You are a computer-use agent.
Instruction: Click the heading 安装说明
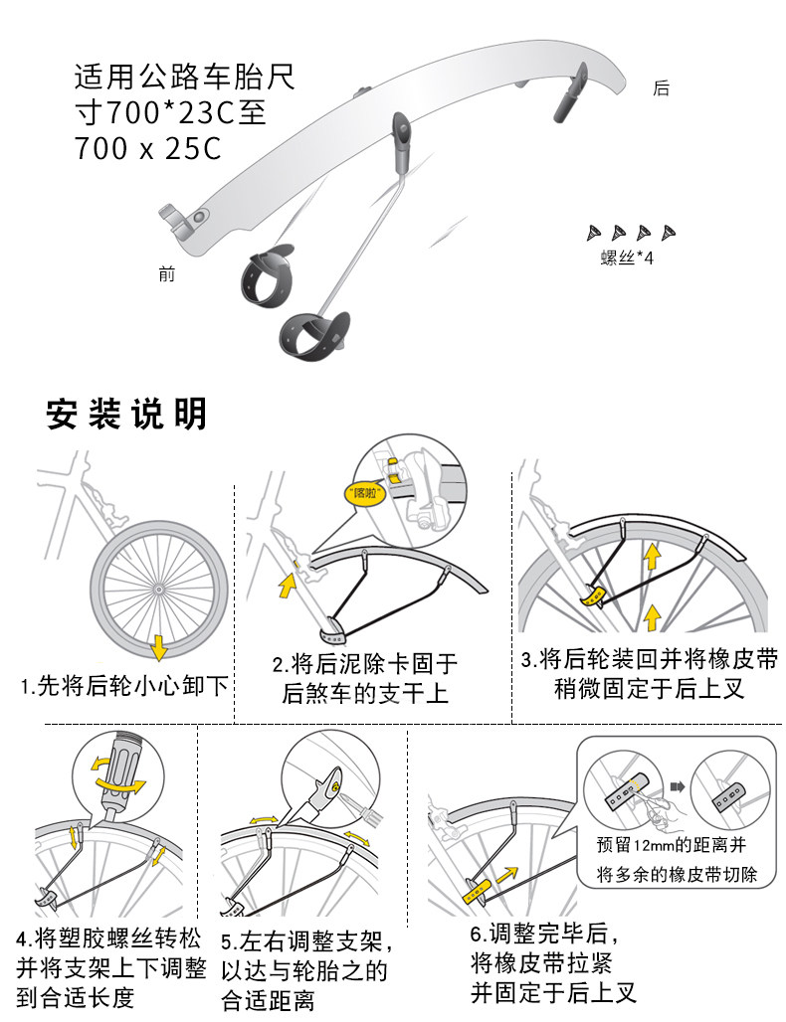(126, 414)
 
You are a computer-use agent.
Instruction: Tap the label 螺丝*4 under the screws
(626, 258)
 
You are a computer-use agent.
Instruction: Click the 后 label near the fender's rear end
(661, 88)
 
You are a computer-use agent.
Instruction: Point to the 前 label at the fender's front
(167, 273)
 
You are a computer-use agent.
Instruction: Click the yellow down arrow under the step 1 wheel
(158, 647)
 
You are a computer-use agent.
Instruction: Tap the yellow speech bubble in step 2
(364, 493)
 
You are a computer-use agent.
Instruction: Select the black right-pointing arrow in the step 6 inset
(678, 786)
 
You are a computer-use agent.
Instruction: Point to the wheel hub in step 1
(158, 589)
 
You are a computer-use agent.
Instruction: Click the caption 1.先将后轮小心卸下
(124, 686)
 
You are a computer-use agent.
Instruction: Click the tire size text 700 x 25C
(148, 148)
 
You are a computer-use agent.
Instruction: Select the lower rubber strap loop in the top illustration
(315, 335)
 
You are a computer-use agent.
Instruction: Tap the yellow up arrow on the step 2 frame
(287, 585)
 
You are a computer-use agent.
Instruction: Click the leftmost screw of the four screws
(594, 233)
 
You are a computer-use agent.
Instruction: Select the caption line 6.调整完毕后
(544, 934)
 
